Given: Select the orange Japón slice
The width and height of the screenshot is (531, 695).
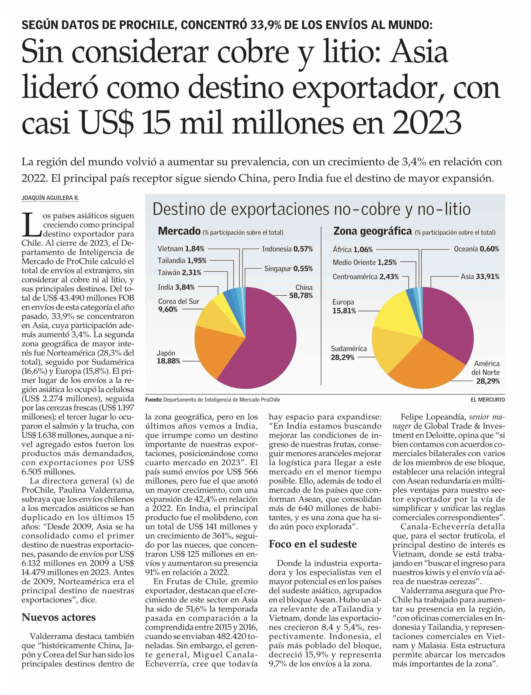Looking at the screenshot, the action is (x=215, y=351).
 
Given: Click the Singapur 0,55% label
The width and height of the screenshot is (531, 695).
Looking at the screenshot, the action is (x=288, y=268).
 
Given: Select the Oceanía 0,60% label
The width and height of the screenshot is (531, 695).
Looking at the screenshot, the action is (x=476, y=249).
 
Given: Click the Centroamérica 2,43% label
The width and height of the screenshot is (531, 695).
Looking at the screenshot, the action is (x=365, y=277).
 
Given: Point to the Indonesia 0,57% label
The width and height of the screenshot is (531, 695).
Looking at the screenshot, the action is (x=287, y=249).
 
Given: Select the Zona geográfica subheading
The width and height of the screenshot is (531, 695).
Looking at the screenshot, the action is (x=373, y=231).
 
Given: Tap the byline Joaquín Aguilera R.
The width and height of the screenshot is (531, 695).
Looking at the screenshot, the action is (x=50, y=198).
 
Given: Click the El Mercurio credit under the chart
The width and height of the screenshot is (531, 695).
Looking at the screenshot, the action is (x=488, y=400).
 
